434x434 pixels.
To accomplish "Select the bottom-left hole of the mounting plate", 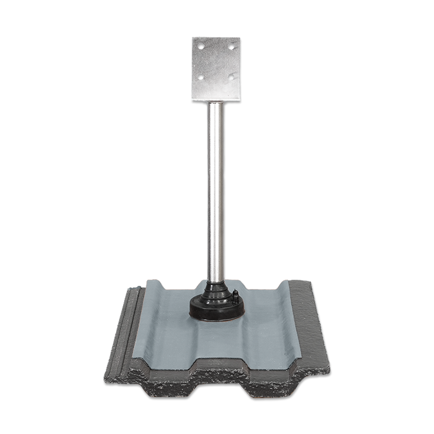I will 200,77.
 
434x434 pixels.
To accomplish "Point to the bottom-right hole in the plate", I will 231,77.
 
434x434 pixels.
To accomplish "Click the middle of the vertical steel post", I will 216,190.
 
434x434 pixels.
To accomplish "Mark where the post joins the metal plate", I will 216,103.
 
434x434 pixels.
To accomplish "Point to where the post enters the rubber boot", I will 216,282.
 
